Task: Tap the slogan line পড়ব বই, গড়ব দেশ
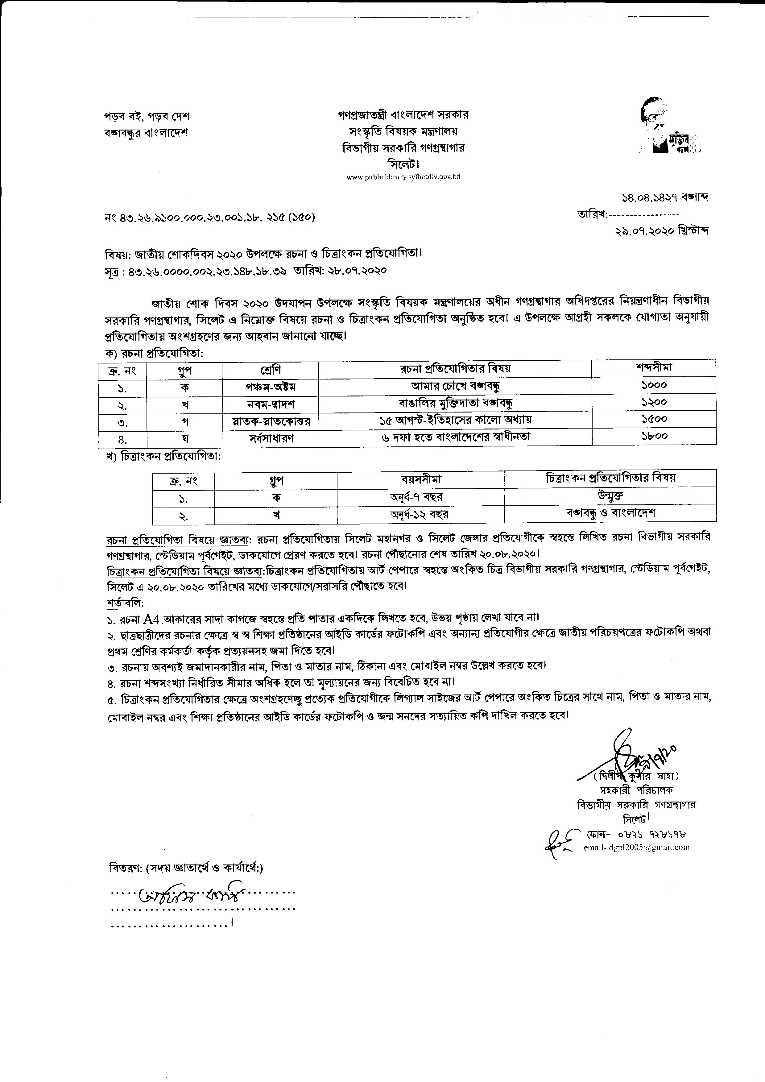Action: point(147,116)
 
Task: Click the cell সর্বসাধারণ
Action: point(271,437)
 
